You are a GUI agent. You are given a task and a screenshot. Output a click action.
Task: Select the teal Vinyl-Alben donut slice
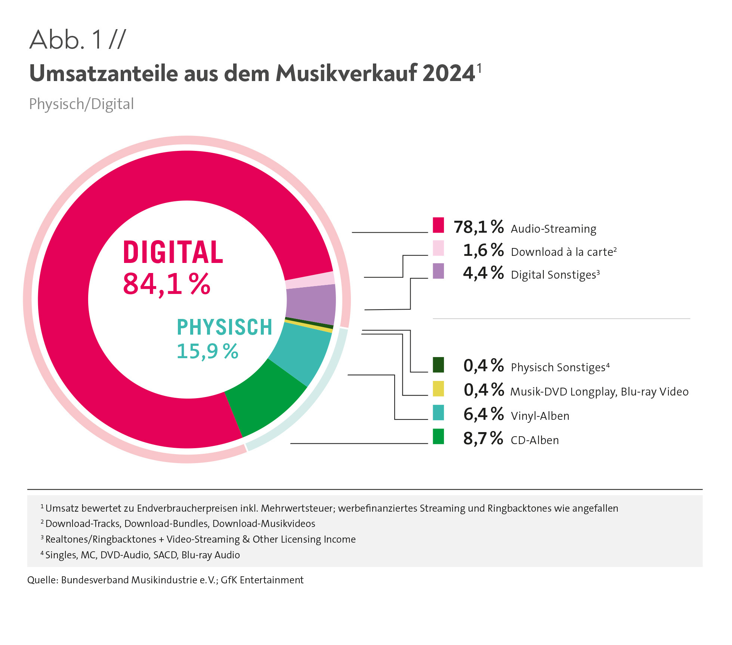coord(303,351)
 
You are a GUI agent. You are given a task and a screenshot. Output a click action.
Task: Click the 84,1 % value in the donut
coord(167,284)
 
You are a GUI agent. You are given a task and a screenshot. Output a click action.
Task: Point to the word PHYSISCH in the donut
coord(224,327)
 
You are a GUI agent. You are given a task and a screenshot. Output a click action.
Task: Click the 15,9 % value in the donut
coord(207,351)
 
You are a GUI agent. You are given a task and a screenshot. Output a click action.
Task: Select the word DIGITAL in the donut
coord(173,252)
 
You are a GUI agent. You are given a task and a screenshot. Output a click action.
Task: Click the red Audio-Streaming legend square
coord(438,225)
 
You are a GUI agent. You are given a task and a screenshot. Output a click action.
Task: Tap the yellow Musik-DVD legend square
coord(438,388)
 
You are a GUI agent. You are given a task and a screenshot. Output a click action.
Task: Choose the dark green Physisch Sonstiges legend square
coord(438,365)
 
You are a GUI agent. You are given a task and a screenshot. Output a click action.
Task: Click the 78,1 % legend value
coord(479,227)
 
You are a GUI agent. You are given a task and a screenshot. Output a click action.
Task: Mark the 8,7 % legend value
coord(483,438)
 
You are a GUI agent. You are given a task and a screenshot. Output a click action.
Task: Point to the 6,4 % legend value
coord(484,414)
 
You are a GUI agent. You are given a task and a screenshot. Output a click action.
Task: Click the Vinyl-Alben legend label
coord(540,416)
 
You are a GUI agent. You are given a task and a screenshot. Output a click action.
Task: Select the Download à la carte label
coord(563,252)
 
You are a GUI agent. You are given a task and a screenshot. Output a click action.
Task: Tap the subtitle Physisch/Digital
coord(81,104)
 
